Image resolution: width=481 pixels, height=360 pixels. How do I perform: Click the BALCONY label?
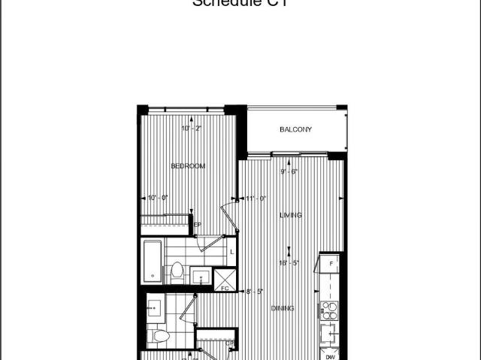coord(295,130)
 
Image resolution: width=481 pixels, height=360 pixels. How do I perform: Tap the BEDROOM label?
coord(188,166)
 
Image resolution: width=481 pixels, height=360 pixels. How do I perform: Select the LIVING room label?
coord(291,216)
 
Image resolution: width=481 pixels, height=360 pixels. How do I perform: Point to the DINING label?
coord(282,308)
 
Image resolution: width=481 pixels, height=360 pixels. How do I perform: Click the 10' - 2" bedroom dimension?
coord(192,129)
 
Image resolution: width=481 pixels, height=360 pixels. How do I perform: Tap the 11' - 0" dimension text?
coord(256,198)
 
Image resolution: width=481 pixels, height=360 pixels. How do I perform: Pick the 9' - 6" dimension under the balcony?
coord(289,171)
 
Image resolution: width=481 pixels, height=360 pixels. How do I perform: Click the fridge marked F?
coord(331,264)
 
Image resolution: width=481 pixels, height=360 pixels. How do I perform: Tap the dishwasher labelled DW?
coord(331,357)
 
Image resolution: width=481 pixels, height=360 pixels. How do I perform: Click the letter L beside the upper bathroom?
coord(231,252)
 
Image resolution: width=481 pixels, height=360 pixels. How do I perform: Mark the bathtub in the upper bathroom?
coord(152,261)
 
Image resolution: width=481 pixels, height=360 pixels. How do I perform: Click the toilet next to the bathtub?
coord(177,270)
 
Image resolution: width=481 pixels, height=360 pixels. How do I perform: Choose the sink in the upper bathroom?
coord(201,277)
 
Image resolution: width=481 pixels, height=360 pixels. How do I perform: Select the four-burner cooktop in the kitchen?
coord(328,309)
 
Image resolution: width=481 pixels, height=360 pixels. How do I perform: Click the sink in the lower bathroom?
coord(156,307)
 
